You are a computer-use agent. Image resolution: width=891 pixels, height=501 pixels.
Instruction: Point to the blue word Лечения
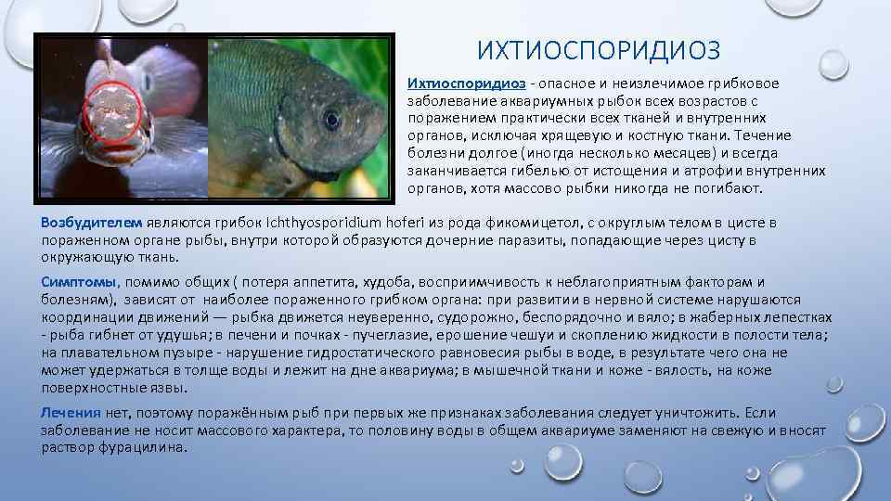[x=71, y=413]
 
